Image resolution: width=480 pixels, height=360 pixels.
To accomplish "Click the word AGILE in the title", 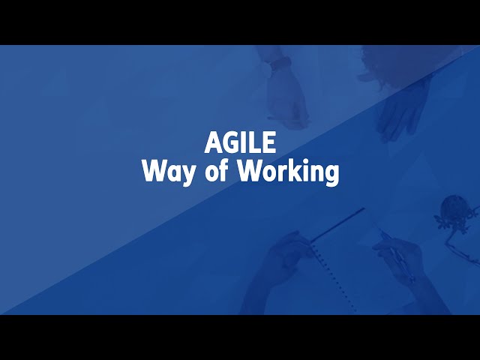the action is (x=240, y=142).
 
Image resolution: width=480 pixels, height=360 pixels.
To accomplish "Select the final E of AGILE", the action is (x=269, y=142).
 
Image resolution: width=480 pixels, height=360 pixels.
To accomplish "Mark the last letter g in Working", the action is (x=331, y=175).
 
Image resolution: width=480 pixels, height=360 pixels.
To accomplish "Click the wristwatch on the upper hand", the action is (x=280, y=64).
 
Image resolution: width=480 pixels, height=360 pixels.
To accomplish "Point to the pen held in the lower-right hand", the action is (x=397, y=255).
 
